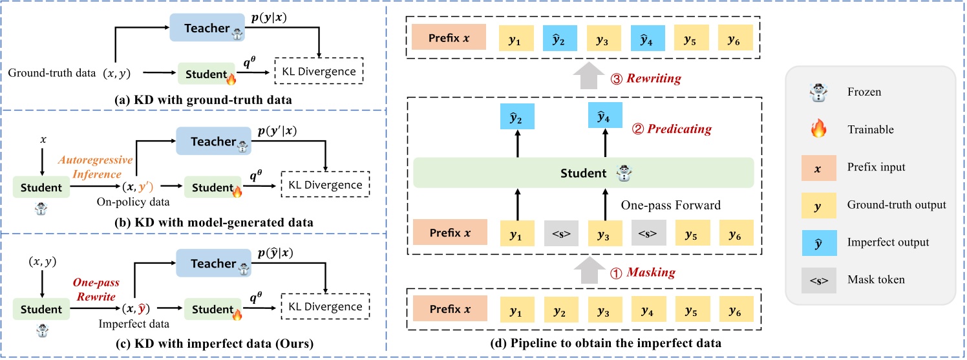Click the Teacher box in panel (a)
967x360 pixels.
coord(207,28)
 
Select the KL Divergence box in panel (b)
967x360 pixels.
coord(326,184)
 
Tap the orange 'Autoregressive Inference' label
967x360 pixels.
coord(96,167)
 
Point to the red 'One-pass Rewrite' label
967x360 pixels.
coord(96,289)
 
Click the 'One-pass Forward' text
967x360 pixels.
coord(671,205)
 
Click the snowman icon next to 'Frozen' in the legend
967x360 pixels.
coord(818,92)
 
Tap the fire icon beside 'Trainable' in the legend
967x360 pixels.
coord(818,129)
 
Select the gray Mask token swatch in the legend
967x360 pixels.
coord(819,281)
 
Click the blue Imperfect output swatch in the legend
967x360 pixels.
coord(819,243)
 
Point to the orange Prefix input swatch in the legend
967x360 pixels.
coord(819,168)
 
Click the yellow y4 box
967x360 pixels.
coord(648,309)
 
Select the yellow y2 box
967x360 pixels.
coord(561,309)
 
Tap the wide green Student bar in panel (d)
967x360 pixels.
coord(584,173)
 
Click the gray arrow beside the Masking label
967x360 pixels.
coord(590,270)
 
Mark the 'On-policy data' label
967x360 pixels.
coord(133,202)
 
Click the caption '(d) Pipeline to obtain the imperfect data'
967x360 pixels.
coord(606,343)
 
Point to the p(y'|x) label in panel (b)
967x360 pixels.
coord(277,131)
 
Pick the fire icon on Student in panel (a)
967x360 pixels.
coord(231,78)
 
